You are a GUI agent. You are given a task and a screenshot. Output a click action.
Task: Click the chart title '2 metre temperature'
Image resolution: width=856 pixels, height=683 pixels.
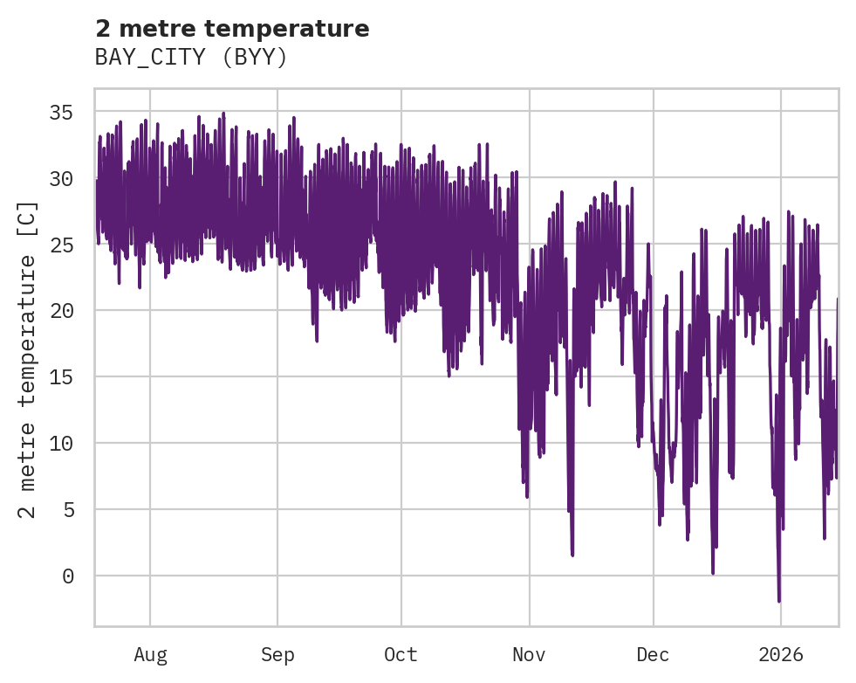coord(232,29)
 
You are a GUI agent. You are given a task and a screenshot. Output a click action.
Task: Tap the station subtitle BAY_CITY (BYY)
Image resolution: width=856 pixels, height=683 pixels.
coord(191,58)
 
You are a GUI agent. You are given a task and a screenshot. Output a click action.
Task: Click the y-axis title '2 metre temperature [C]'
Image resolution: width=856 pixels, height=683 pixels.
coord(28,359)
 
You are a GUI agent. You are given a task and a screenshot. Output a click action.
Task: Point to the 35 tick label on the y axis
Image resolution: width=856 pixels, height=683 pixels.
coord(60,113)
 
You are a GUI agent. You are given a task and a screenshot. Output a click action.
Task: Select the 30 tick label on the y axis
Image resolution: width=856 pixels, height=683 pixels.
coord(60,178)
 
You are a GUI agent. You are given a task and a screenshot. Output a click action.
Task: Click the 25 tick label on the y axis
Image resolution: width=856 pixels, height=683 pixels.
coord(60,245)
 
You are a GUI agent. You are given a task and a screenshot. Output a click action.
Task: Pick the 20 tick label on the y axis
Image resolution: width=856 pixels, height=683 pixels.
coord(60,311)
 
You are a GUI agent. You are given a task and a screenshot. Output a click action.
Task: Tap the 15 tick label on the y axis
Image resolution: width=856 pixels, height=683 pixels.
coord(60,377)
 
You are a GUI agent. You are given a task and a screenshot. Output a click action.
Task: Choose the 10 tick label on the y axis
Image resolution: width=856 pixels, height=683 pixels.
coord(60,444)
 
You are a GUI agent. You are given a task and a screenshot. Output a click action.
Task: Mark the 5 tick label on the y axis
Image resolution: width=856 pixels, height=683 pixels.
coord(68,509)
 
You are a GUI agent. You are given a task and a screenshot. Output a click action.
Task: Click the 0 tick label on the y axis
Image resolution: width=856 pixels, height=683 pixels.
coord(68,576)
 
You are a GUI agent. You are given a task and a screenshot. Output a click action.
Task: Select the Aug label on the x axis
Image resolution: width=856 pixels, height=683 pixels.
coord(150,655)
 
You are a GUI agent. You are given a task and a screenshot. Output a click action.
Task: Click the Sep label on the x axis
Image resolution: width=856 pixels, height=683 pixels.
coord(277,655)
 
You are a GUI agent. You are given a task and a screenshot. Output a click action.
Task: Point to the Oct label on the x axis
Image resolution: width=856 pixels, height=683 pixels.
coord(401,655)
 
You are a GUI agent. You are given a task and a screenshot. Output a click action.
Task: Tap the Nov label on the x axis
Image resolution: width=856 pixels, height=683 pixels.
coord(529,655)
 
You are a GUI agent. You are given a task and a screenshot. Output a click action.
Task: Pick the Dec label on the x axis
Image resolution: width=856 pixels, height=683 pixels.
coord(653,655)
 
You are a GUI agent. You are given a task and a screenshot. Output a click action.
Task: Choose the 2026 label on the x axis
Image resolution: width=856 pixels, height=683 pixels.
coord(780,655)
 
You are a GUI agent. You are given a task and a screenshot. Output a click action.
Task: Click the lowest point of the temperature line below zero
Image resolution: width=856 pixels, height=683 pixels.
coord(779,601)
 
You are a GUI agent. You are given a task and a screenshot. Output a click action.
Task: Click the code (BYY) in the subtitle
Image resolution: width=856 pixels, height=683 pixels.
coord(257,58)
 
